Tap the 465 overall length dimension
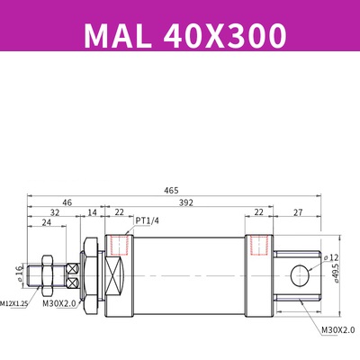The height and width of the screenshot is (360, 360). point(171,191)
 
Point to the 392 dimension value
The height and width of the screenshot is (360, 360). point(184,203)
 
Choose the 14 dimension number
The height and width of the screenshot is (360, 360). point(92,214)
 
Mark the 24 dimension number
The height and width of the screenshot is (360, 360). point(46,226)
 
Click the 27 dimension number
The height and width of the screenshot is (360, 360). point(299,214)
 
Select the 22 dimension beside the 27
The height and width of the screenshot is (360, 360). point(259,214)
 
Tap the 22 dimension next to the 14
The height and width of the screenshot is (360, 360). point(120,214)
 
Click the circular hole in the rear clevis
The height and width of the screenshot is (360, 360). point(300,274)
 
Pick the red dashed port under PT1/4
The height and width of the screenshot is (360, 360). point(116,245)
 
